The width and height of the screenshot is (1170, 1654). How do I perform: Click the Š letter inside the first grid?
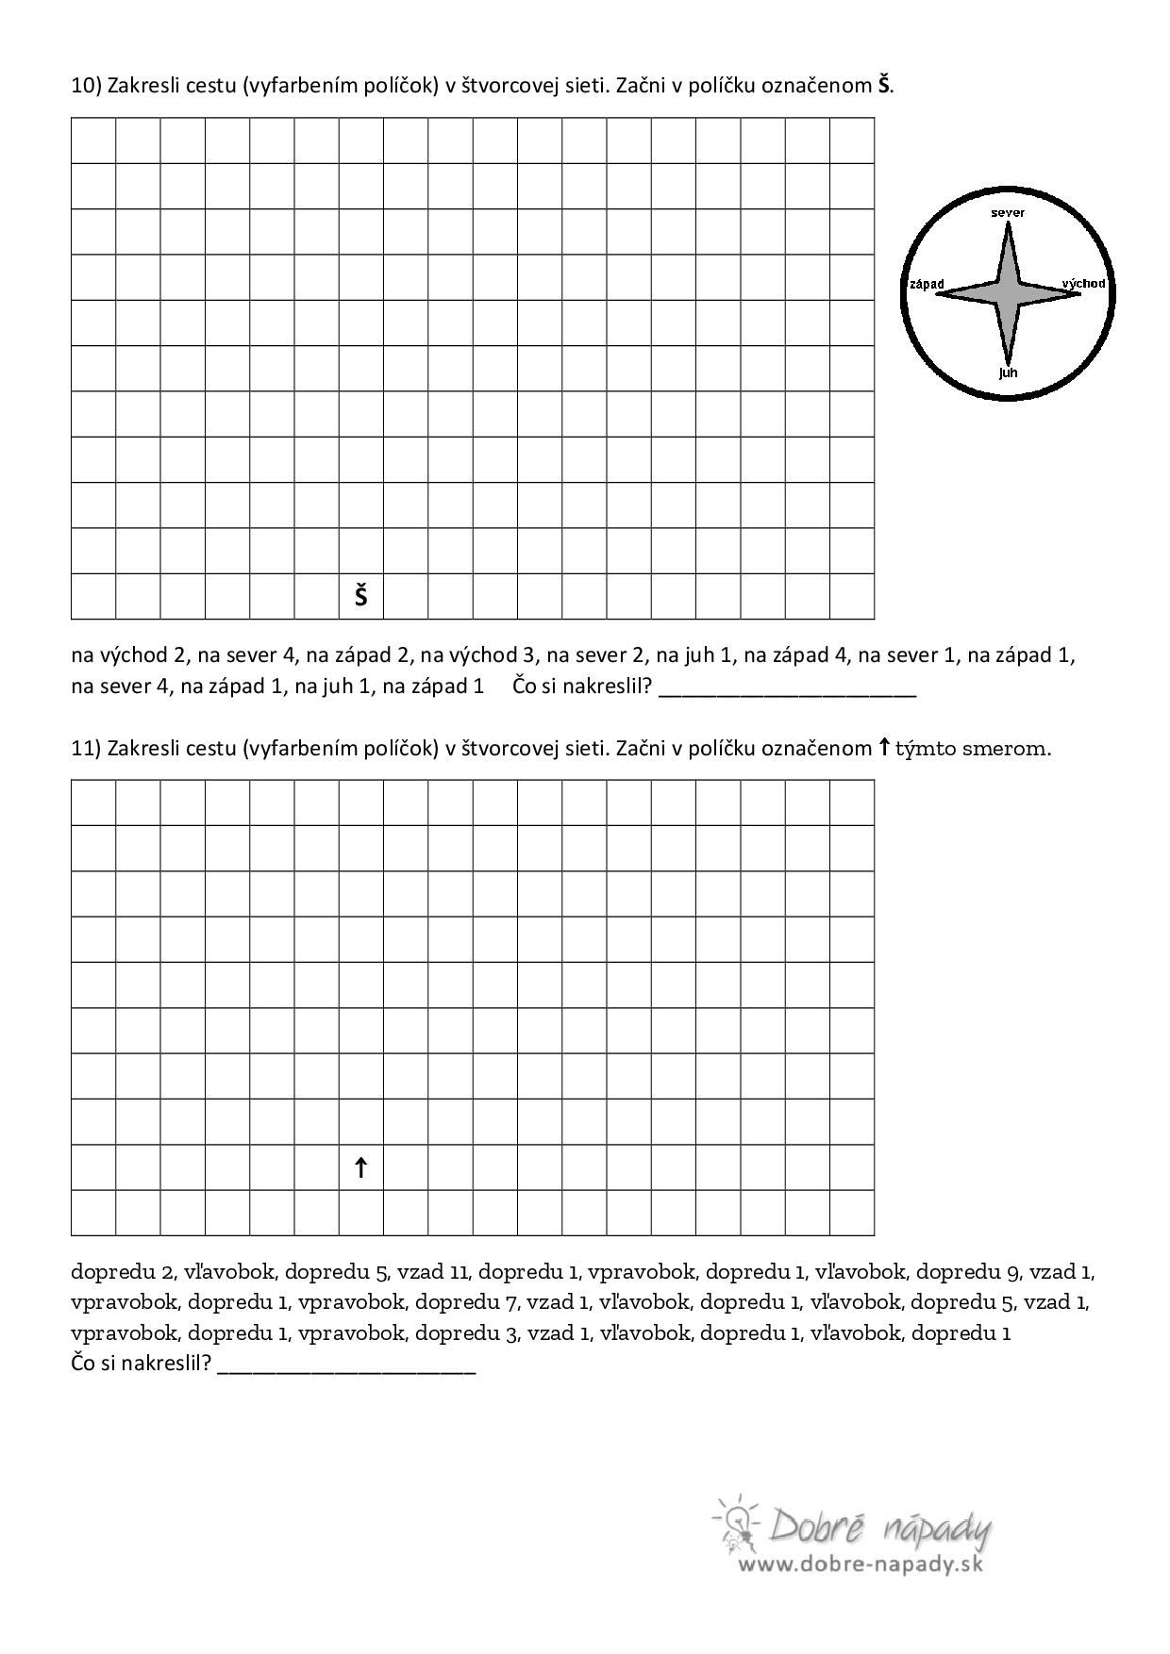[x=361, y=596]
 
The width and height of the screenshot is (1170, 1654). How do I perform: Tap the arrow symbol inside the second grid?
[x=360, y=1168]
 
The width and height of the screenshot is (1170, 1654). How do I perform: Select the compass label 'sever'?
[x=1008, y=213]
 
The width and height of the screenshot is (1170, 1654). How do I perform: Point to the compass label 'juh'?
[x=1008, y=372]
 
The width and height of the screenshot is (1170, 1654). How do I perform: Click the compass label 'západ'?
[x=927, y=285]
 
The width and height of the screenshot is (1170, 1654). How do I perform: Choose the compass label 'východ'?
[x=1083, y=283]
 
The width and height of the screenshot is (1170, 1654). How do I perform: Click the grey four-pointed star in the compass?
[x=1008, y=292]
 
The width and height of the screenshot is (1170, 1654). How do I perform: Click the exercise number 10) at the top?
[x=86, y=86]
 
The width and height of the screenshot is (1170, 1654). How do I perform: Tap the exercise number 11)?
[x=86, y=749]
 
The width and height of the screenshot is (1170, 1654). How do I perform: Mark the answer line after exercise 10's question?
[x=787, y=694]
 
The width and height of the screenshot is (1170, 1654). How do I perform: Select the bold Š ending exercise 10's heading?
[x=883, y=85]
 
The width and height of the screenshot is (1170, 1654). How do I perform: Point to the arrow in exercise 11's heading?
[x=883, y=748]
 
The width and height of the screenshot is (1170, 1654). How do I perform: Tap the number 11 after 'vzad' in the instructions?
[x=460, y=1272]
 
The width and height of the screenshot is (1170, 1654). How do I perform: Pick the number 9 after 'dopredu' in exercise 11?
[x=1013, y=1273]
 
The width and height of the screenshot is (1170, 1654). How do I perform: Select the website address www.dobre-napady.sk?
[x=861, y=1564]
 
